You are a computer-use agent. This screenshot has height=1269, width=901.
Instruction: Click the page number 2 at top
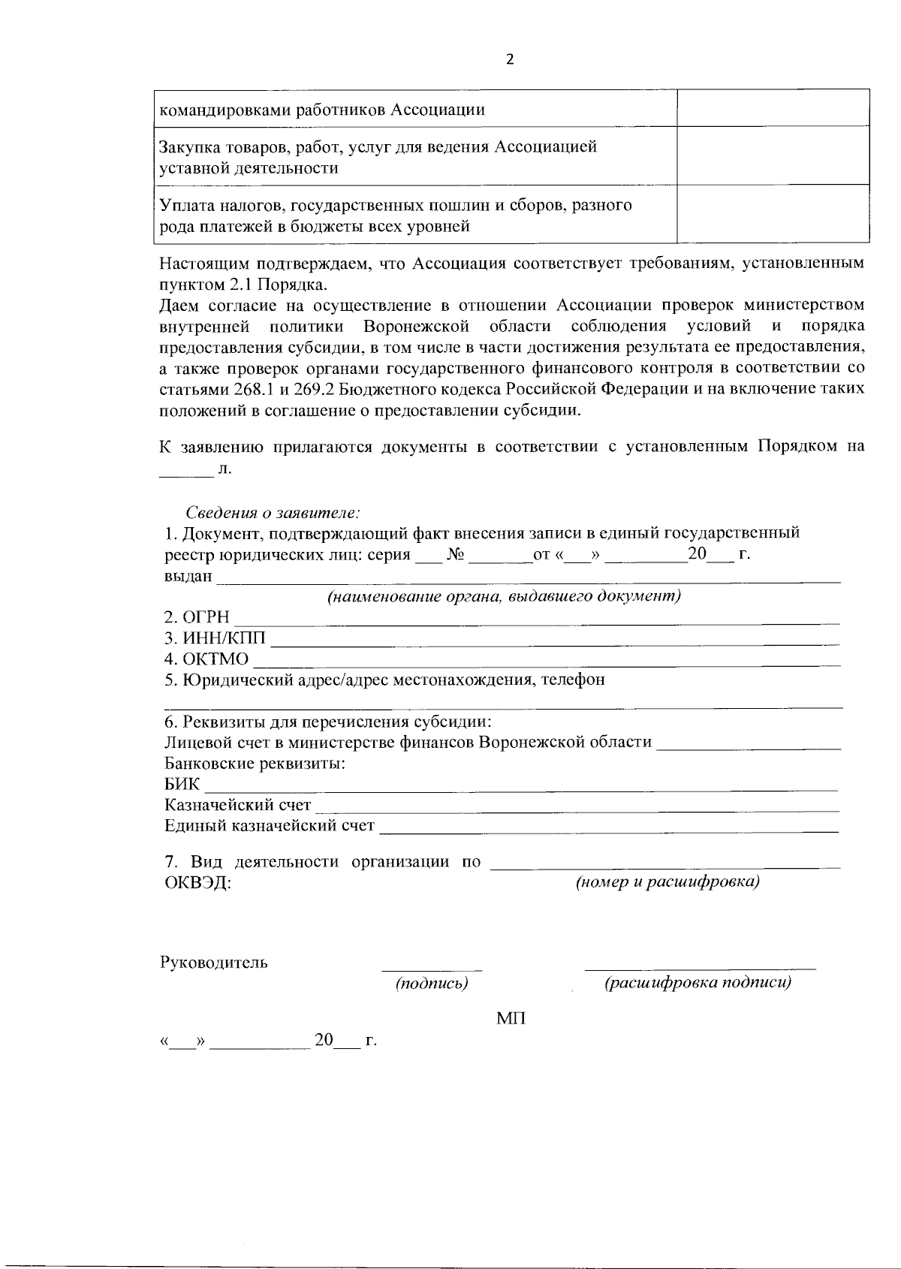pyautogui.click(x=511, y=61)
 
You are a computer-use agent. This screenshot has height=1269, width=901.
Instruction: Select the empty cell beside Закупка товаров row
pyautogui.click(x=773, y=156)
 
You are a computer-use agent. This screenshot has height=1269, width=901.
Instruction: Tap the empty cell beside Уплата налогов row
pyautogui.click(x=773, y=214)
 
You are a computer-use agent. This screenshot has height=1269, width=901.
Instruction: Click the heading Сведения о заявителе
pyautogui.click(x=273, y=513)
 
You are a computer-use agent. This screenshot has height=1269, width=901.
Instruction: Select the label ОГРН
pyautogui.click(x=197, y=617)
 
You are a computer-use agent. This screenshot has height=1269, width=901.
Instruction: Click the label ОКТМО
pyautogui.click(x=206, y=659)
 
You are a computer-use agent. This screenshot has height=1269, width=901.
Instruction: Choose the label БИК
pyautogui.click(x=182, y=785)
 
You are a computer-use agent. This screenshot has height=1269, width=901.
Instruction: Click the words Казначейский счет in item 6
pyautogui.click(x=237, y=806)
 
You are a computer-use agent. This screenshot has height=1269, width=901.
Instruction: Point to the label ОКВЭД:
pyautogui.click(x=197, y=883)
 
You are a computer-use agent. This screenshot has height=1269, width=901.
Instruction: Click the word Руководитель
pyautogui.click(x=214, y=963)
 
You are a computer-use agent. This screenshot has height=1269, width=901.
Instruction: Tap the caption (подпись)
pyautogui.click(x=432, y=984)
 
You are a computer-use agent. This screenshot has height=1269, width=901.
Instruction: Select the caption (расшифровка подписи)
pyautogui.click(x=698, y=984)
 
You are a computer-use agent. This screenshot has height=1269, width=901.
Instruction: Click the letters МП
pyautogui.click(x=511, y=1019)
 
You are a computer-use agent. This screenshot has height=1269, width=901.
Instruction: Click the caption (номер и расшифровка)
pyautogui.click(x=667, y=882)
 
